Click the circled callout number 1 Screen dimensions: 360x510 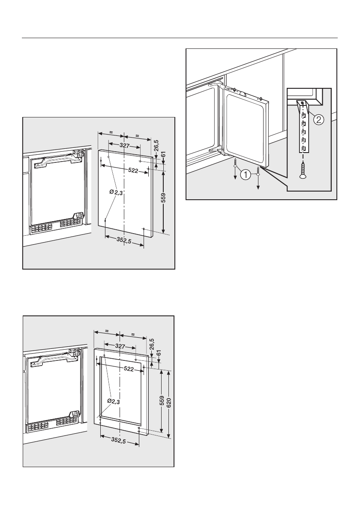246,174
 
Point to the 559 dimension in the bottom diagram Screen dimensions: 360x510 161,402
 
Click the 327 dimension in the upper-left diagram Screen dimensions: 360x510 124,146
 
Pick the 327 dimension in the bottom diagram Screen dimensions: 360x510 120,345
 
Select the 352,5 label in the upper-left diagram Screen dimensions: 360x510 124,241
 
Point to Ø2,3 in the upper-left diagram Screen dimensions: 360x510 116,193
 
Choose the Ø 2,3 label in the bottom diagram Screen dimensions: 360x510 113,401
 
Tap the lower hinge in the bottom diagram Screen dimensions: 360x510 74,415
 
